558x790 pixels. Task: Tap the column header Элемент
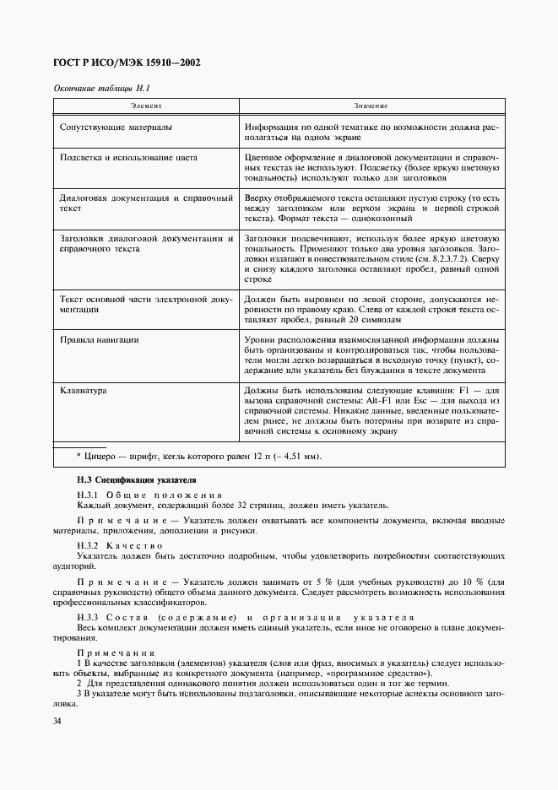145,106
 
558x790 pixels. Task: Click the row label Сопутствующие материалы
116,127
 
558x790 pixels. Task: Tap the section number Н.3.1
89,494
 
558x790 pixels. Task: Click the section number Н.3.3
89,618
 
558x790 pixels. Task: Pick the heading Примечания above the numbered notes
116,652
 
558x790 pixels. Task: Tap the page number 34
57,721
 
